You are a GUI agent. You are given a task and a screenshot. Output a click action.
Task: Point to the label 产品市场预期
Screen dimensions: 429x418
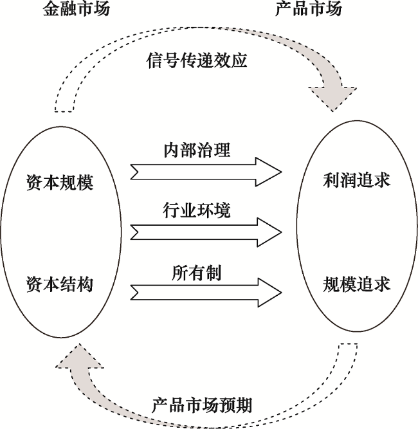coord(201,405)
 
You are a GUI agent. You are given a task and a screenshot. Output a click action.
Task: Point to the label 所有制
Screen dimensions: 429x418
coord(196,272)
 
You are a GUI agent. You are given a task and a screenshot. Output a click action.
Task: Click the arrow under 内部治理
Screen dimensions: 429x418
coord(206,171)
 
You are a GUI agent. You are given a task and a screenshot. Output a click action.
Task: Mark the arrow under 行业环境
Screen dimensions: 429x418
coord(206,229)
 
